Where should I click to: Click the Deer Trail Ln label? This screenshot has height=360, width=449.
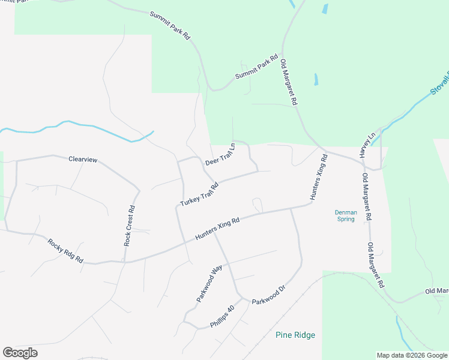220,154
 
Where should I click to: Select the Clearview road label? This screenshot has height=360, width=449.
83,160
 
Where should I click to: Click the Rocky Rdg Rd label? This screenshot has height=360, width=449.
65,251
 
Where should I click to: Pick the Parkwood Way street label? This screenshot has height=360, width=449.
209,283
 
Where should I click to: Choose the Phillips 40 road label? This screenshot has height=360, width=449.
221,317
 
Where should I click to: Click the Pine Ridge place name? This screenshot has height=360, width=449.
295,335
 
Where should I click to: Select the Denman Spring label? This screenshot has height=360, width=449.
345,215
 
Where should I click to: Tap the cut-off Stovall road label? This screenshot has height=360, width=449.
439,83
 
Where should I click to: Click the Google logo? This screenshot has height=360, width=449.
20,353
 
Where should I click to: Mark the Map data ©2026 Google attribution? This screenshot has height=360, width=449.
412,355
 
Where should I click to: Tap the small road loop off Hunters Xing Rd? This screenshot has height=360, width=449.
258,203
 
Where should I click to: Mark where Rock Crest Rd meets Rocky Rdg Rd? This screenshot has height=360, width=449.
125,262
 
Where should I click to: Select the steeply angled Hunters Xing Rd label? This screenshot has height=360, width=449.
319,176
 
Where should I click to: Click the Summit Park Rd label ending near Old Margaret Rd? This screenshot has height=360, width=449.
256,68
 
